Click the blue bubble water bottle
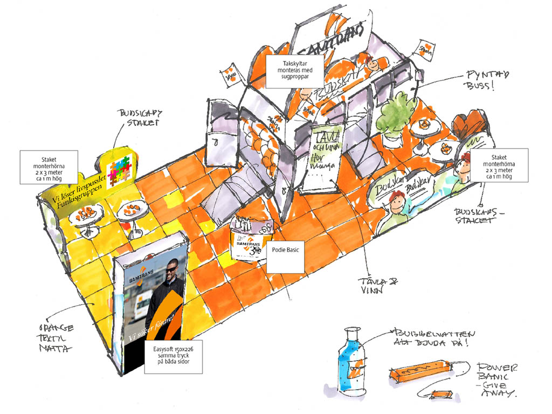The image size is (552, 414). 348,362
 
